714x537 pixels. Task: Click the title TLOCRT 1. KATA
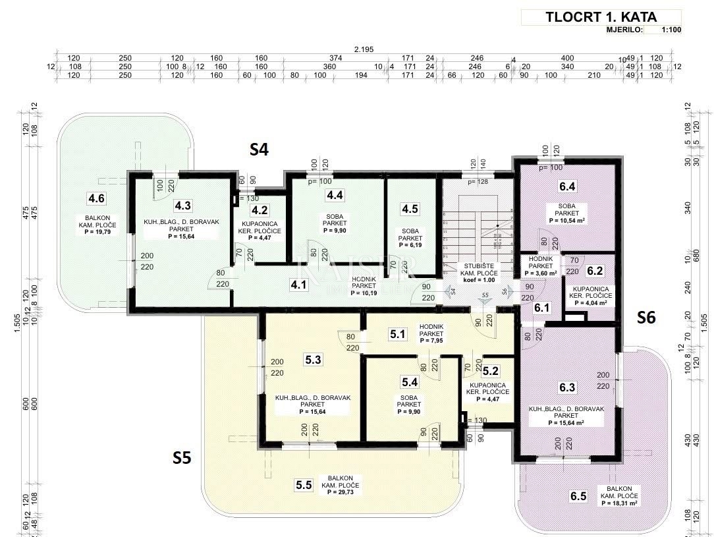[x=601, y=17]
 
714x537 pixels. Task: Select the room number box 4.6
[x=96, y=197]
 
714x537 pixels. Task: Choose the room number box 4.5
[x=410, y=209]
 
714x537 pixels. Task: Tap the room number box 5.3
[x=314, y=360]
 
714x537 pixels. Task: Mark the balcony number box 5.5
[x=304, y=485]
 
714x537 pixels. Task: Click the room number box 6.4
[x=567, y=186]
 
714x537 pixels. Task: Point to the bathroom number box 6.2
[x=595, y=270]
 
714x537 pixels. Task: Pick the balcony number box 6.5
[x=578, y=496]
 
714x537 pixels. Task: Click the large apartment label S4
[x=259, y=150]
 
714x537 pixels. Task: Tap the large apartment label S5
[x=182, y=457]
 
